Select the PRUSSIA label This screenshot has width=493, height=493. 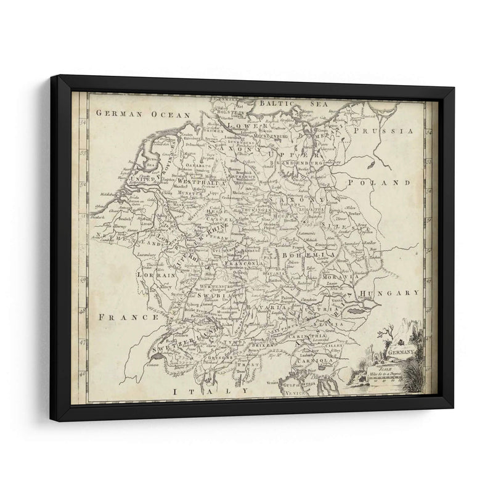(387, 131)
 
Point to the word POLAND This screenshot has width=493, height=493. (387, 183)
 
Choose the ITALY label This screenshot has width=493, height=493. (210, 391)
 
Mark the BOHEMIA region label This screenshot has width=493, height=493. (308, 254)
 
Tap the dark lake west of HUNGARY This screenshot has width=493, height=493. (356, 312)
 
